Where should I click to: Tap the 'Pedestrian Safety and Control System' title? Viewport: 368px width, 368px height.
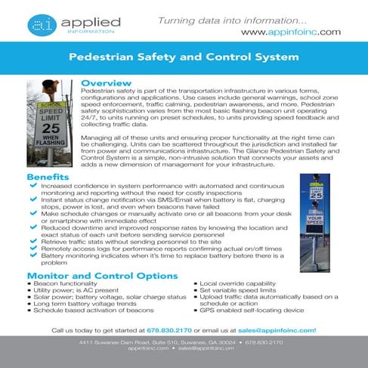point(184,57)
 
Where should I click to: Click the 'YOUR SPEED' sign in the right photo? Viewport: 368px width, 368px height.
point(316,224)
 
